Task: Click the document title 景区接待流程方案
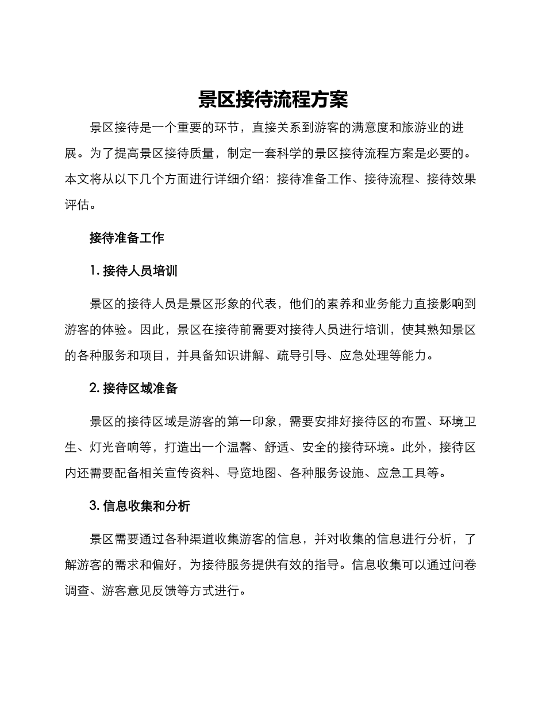pos(273,99)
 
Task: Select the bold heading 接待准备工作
pos(127,238)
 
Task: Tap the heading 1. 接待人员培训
pos(133,271)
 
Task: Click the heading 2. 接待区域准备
pos(133,389)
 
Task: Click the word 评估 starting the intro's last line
pos(77,205)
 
